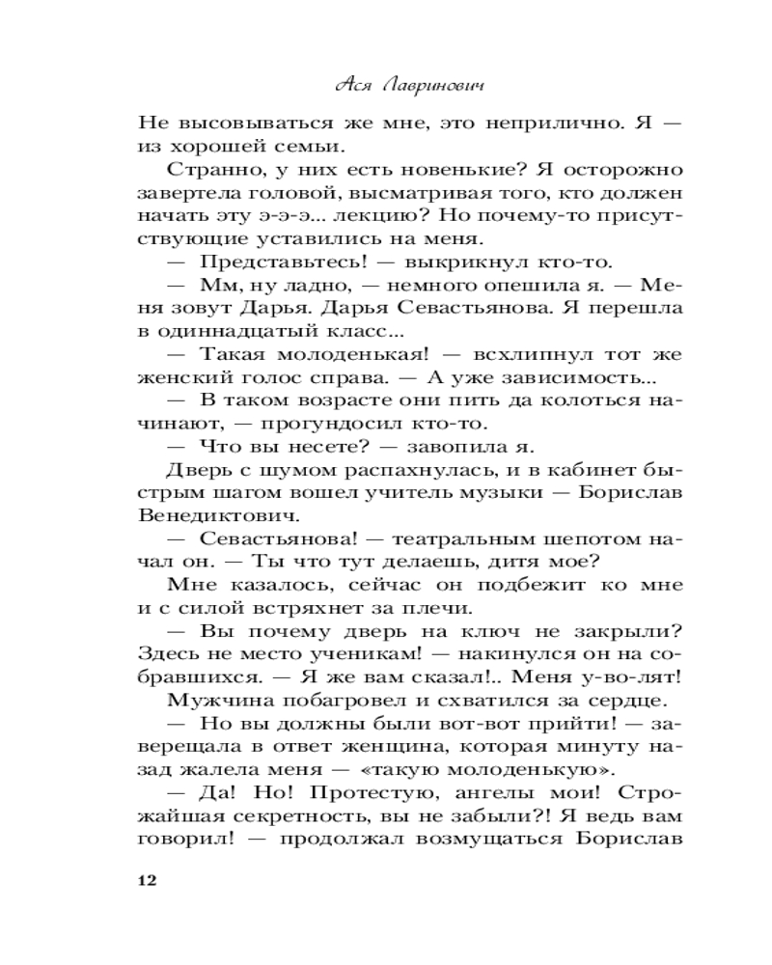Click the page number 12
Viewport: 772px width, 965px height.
(x=147, y=881)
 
